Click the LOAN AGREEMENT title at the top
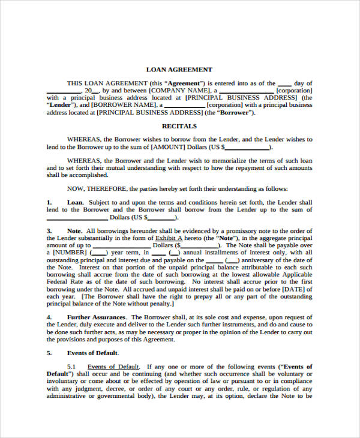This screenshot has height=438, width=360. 179,70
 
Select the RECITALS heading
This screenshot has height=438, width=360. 179,126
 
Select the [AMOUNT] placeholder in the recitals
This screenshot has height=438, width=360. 171,146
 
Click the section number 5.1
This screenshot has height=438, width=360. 71,367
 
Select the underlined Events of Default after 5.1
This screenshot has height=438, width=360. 113,367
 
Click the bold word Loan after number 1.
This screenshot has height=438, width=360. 74,202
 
